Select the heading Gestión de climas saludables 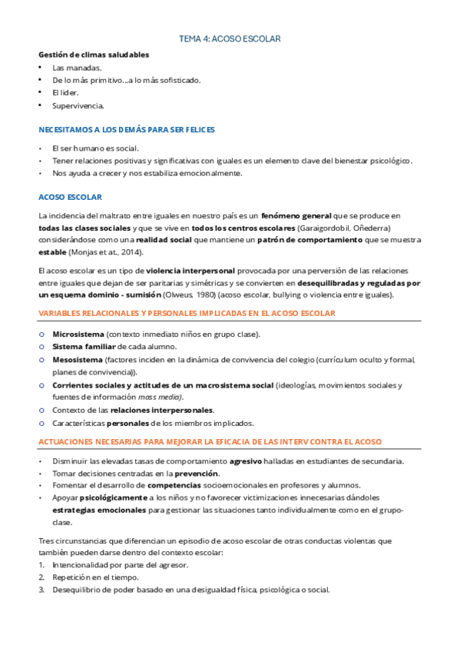pos(94,55)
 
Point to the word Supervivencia pos(78,105)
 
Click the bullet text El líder pos(65,92)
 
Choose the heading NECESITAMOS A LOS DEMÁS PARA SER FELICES pos(127,130)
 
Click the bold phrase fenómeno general pos(296,216)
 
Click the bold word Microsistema pos(78,334)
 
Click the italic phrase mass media pos(160,397)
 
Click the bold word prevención pos(197,473)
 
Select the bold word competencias pos(180,485)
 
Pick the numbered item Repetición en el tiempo pos(95,577)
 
